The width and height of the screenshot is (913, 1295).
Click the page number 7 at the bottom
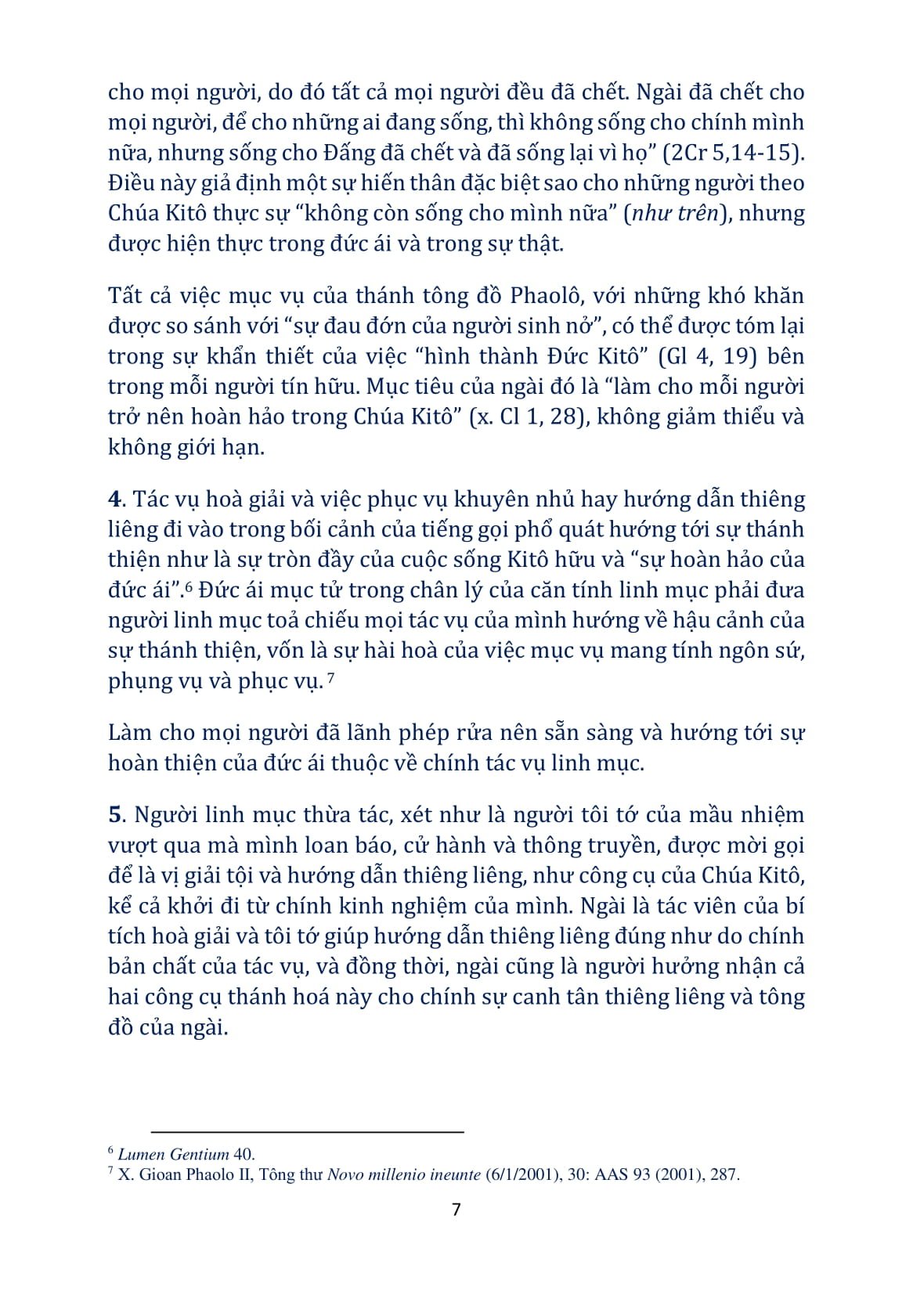tap(456, 1209)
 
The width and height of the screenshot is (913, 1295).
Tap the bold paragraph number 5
tap(115, 815)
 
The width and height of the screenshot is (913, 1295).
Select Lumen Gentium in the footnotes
tap(173, 1154)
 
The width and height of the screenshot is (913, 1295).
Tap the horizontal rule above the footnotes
tap(307, 1132)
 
